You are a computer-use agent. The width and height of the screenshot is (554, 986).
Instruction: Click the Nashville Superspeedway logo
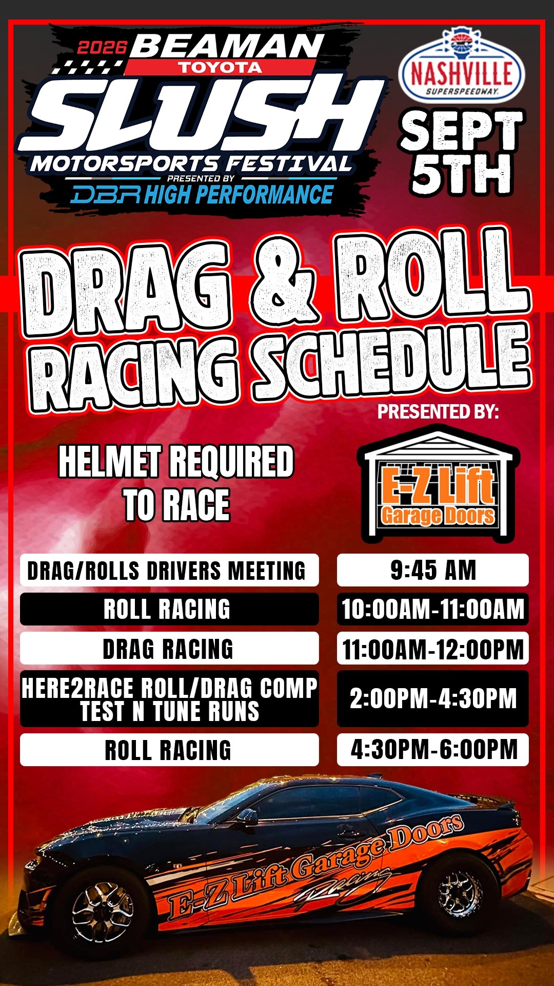pos(461,65)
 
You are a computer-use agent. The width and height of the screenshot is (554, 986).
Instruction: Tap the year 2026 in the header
pos(102,48)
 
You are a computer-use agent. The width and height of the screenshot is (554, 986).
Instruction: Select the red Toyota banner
pos(220,67)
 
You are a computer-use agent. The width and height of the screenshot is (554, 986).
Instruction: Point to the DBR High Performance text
pos(203,195)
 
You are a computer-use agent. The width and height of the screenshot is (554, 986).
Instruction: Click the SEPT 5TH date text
pos(461,153)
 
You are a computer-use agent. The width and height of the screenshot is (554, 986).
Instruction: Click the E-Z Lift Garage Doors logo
pos(439,485)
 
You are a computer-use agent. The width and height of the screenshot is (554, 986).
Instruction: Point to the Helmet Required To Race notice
pos(176,483)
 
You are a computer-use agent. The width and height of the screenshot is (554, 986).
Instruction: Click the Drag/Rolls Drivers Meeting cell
pos(169,570)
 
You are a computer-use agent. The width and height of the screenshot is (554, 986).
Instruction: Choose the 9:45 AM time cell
pos(432,570)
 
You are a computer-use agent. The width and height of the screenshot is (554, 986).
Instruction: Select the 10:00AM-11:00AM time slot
pos(432,609)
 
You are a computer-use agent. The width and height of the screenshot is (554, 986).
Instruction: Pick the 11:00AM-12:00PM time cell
pos(432,648)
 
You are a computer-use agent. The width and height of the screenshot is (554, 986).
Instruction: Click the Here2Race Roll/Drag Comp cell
pos(169,699)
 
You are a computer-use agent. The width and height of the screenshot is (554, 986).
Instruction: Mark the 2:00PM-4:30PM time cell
pos(432,699)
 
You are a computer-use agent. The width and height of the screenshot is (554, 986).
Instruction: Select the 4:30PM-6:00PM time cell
pos(432,750)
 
